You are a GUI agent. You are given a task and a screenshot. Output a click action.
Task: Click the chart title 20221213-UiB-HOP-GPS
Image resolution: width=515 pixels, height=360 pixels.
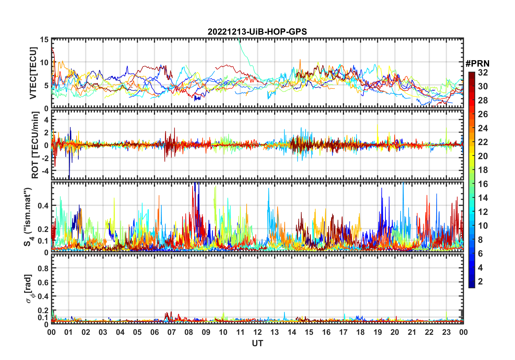point(257,32)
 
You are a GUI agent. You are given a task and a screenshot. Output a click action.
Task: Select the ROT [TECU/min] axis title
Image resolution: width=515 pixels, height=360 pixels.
point(35,145)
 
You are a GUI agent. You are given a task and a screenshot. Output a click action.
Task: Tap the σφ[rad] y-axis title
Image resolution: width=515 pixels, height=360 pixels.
point(29,289)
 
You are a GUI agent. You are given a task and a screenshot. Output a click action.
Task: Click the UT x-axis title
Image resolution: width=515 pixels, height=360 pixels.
point(257,343)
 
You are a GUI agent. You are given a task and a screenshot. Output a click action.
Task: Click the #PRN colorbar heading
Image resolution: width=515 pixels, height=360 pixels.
point(477,64)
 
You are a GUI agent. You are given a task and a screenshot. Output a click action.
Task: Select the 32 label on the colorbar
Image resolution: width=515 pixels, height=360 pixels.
point(483,73)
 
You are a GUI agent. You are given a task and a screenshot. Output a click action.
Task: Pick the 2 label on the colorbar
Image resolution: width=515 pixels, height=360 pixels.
point(480,282)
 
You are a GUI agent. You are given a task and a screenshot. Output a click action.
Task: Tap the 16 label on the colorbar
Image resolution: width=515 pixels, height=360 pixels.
point(483,184)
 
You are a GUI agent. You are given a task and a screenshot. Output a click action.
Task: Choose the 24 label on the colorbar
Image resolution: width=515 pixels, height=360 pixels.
point(483,128)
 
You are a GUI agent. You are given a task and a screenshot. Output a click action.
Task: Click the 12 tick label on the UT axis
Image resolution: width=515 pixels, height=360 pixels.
point(257,332)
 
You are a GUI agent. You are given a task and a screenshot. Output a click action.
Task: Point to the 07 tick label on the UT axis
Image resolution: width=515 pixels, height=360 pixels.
point(172,332)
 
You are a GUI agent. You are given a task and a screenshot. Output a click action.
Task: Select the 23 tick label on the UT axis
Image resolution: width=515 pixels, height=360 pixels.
point(446,332)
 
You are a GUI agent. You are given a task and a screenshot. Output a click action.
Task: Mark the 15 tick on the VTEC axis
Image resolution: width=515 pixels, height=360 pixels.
point(44,40)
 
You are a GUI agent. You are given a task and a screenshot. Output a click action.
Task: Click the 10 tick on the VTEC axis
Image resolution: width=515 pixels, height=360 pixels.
point(44,63)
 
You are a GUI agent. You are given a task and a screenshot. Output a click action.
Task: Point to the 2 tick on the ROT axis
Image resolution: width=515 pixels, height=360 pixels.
point(46,133)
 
